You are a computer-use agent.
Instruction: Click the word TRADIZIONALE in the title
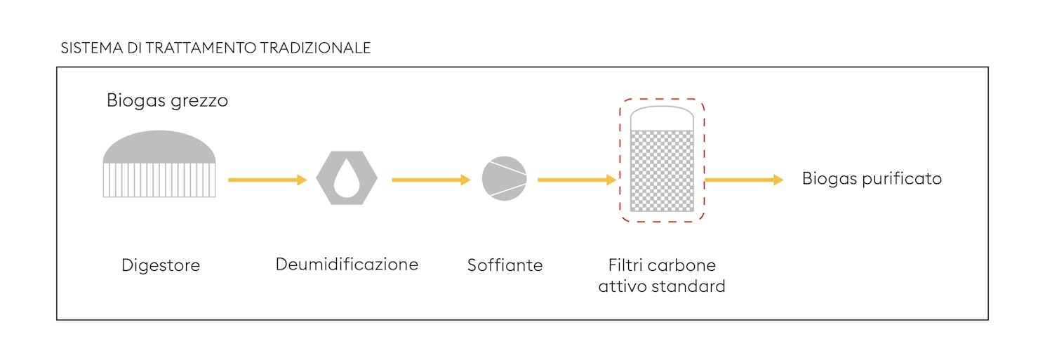[315, 48]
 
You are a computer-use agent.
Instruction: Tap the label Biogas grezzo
[167, 101]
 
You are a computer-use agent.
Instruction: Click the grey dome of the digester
[159, 147]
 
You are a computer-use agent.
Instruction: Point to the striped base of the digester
[159, 180]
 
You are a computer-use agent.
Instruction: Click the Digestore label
[161, 265]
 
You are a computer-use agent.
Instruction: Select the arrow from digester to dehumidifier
[267, 180]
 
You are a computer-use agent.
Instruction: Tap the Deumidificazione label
[347, 265]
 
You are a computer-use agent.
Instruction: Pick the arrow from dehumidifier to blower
[431, 180]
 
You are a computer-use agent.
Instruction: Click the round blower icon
[505, 179]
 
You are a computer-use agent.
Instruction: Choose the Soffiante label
[505, 265]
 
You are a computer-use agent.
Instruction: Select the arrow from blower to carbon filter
[577, 180]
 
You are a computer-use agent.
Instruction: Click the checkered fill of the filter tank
[662, 171]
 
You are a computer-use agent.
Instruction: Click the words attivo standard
[662, 286]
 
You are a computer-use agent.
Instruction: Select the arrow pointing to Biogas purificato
[744, 180]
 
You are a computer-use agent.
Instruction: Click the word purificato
[902, 179]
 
